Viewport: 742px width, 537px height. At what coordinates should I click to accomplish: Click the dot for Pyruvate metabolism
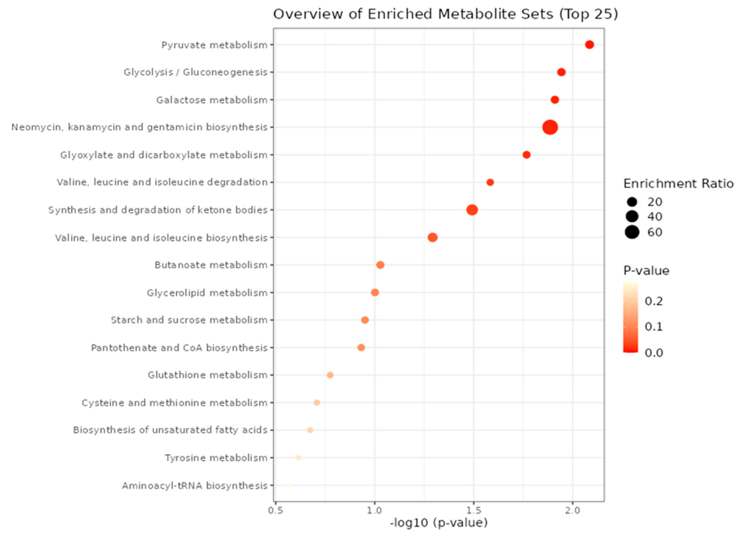[589, 45]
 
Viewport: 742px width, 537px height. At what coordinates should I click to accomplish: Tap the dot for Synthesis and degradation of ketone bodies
[472, 210]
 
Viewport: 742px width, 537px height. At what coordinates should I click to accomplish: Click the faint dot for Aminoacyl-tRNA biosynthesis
[288, 485]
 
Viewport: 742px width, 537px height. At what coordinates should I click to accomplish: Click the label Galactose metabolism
[212, 100]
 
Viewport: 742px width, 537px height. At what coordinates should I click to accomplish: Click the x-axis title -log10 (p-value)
[439, 523]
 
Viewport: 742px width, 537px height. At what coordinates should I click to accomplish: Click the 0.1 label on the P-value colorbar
[654, 327]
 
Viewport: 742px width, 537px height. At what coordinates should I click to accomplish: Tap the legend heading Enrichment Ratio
[678, 184]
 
